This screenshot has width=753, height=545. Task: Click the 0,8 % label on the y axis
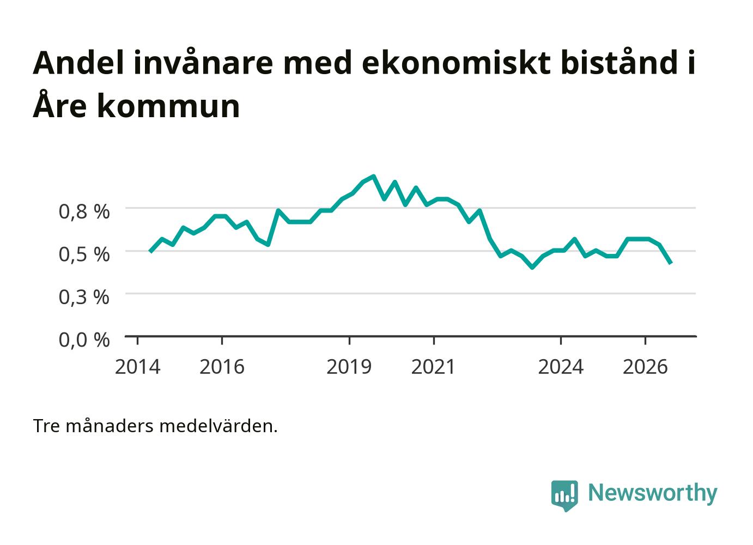pos(84,211)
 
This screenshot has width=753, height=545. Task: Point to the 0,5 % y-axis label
pos(84,254)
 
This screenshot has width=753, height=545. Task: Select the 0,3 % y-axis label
pos(84,297)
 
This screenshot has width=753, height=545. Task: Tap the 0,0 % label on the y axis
pos(84,340)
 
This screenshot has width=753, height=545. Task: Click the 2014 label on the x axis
pos(137,367)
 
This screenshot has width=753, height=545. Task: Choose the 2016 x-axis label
pos(222,367)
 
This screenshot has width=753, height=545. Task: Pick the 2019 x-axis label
pos(349,367)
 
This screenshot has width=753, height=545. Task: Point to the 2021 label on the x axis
pos(433,367)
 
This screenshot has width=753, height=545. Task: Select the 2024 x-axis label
pos(561,367)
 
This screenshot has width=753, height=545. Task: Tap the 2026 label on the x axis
pos(645,367)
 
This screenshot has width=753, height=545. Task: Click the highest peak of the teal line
pos(373,176)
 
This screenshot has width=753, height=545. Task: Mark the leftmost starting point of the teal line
pos(150,251)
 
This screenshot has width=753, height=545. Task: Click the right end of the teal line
pos(671,263)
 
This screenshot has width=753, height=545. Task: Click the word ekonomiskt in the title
pos(457,63)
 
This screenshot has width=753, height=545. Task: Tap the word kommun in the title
pos(168,106)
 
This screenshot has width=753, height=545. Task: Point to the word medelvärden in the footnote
pos(218,426)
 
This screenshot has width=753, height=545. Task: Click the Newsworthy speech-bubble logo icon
pos(564,495)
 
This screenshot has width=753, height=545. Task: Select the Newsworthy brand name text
pos(653,493)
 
